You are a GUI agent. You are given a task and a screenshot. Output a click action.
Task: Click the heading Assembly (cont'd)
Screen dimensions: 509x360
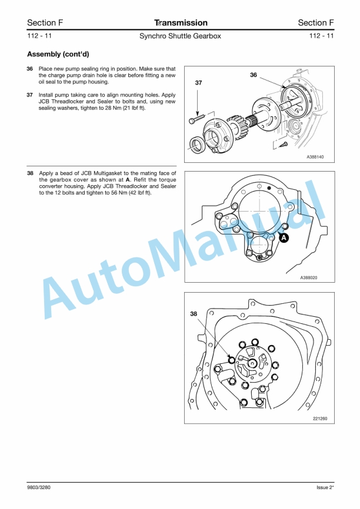pyautogui.click(x=58, y=54)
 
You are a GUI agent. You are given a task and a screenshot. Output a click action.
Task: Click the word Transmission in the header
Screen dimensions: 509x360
pyautogui.click(x=181, y=23)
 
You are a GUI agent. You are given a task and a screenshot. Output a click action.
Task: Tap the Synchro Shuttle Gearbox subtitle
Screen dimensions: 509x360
pyautogui.click(x=180, y=36)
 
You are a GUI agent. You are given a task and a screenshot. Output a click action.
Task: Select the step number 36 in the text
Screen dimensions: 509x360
pyautogui.click(x=30, y=69)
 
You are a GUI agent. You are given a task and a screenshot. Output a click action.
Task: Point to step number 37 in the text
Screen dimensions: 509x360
pyautogui.click(x=30, y=95)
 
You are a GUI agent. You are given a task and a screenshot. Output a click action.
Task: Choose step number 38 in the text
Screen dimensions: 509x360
pyautogui.click(x=30, y=174)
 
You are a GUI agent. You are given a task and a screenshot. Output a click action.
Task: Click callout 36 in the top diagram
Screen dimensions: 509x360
pyautogui.click(x=254, y=75)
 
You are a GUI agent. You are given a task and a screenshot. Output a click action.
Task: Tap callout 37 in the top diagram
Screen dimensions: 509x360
pyautogui.click(x=198, y=83)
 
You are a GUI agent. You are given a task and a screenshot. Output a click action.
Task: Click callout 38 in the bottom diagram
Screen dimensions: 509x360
pyautogui.click(x=194, y=314)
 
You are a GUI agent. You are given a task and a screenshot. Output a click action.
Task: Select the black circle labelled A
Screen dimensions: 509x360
pyautogui.click(x=284, y=239)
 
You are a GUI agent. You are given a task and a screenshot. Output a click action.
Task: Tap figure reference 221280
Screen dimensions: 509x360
pyautogui.click(x=320, y=418)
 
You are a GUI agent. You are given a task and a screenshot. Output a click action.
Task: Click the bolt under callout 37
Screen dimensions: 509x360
pyautogui.click(x=197, y=120)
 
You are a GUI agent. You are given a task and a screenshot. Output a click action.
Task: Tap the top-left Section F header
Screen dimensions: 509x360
pyautogui.click(x=45, y=23)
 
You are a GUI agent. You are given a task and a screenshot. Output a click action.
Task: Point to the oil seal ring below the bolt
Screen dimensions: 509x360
pyautogui.click(x=199, y=143)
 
